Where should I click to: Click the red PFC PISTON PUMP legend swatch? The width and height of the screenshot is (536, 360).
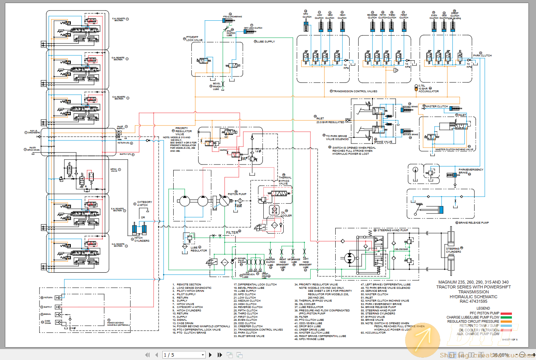coord(506,313)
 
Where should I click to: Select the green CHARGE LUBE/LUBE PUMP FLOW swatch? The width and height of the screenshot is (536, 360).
coord(506,317)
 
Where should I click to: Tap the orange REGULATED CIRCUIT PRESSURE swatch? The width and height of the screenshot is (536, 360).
coord(506,322)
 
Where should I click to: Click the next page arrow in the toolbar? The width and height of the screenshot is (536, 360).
coord(210,355)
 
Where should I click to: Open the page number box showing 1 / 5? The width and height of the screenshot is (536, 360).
coord(184,355)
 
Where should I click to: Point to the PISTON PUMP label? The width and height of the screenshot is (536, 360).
coord(237,194)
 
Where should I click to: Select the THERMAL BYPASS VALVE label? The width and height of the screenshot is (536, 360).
coord(284,180)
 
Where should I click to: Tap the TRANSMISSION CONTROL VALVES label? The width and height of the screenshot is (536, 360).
coord(355,91)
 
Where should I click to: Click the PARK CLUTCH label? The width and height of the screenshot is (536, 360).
coord(482,55)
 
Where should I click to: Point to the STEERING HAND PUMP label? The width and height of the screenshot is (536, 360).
coord(392,230)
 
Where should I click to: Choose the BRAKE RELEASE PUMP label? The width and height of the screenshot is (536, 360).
coord(473,223)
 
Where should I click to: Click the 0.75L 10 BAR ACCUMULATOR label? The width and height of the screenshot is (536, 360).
coord(428,89)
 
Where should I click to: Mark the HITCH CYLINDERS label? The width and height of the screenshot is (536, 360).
coord(142,239)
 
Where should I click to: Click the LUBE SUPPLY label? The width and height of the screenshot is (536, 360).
coord(266,42)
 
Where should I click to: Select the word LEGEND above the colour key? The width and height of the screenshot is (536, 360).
coord(483,308)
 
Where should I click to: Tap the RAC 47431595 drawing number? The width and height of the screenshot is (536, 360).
coord(473,301)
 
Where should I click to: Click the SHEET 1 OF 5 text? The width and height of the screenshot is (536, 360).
coord(509,340)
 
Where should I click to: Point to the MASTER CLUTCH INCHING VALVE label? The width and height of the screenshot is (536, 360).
coord(454,149)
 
